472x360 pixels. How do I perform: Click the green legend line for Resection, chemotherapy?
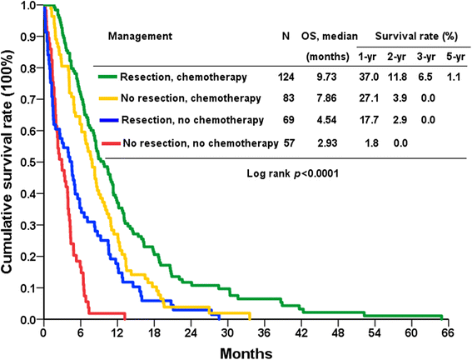click(x=105, y=77)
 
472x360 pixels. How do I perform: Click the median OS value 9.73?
click(x=324, y=77)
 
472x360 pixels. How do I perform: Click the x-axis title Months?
click(x=243, y=352)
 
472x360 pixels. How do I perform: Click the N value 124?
click(x=287, y=77)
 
